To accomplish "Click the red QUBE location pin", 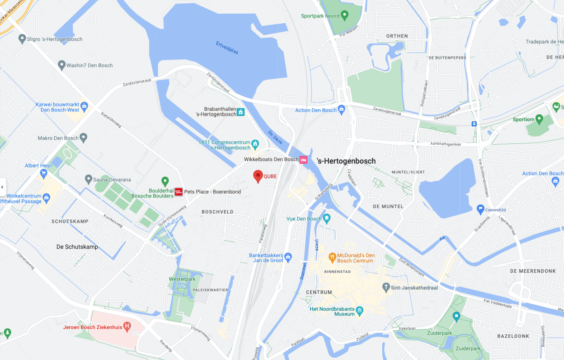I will [x=258, y=176].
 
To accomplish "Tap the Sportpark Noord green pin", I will [x=344, y=16].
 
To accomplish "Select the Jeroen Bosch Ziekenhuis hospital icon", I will [x=127, y=327].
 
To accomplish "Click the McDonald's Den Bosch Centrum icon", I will [x=332, y=257].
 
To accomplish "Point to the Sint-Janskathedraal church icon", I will [x=386, y=287].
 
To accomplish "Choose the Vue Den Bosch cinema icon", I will [x=327, y=218].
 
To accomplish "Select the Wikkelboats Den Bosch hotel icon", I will [x=304, y=160].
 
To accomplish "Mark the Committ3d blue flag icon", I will [x=480, y=210].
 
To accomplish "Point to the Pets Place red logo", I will [x=178, y=192].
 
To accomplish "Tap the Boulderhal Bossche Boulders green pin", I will [x=165, y=181].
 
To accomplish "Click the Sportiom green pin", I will [x=539, y=119].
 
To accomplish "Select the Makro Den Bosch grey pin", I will [x=84, y=137].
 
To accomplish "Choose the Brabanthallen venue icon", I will [x=240, y=111].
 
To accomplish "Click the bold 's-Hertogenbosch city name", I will [x=346, y=161].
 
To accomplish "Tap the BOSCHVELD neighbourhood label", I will [x=218, y=212].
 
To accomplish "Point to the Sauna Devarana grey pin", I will [x=88, y=180].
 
